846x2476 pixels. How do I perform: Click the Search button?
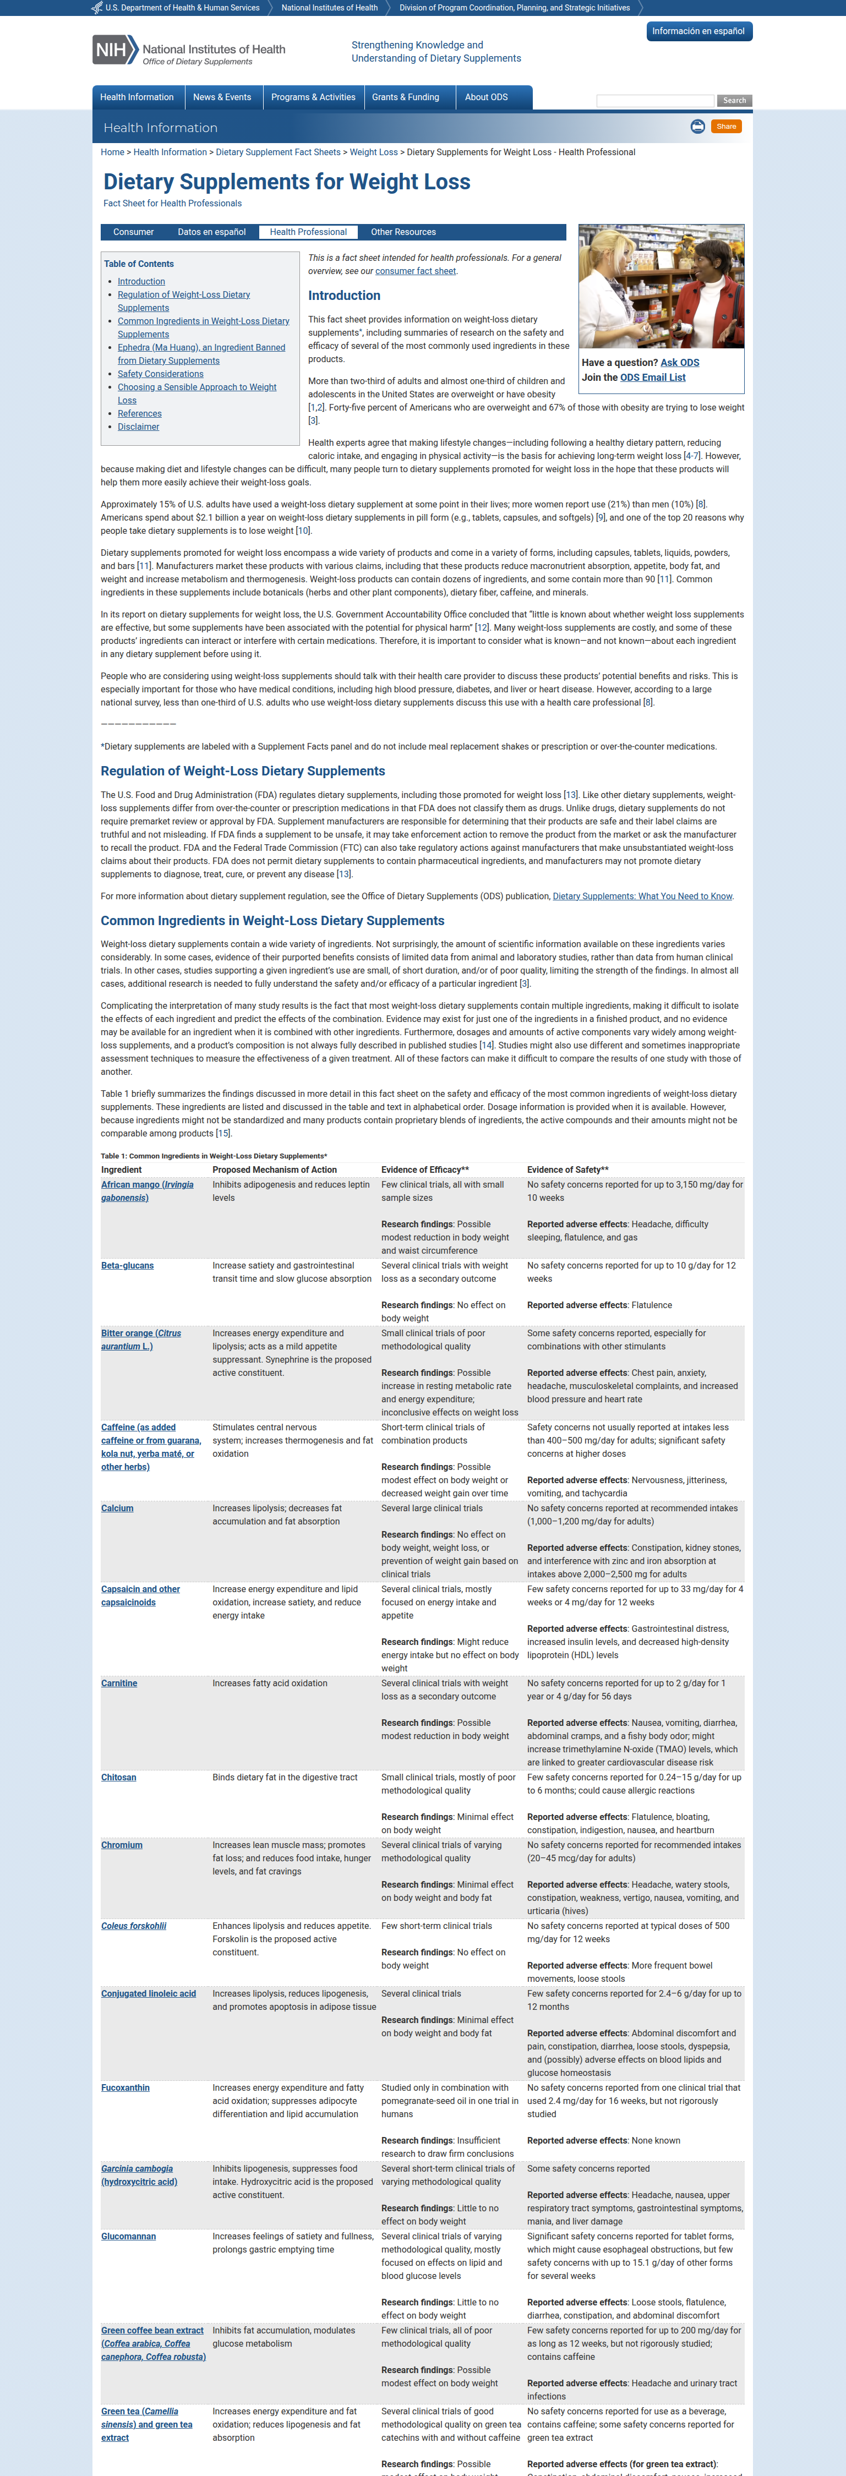click(734, 101)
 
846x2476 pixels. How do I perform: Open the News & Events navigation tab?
click(222, 97)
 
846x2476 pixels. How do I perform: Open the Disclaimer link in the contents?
click(139, 427)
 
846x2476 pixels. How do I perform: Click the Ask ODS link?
click(680, 362)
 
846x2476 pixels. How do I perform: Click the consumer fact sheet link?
click(416, 271)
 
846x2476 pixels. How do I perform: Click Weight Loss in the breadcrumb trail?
click(373, 152)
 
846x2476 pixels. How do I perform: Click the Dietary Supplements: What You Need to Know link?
click(642, 896)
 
